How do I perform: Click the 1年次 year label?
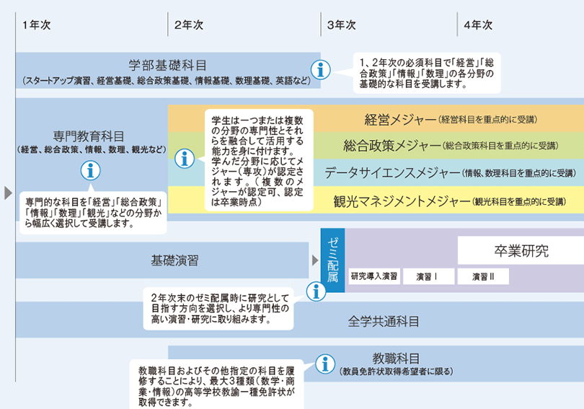pyautogui.click(x=36, y=25)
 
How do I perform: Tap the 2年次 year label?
pyautogui.click(x=189, y=25)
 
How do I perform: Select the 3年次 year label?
pyautogui.click(x=342, y=25)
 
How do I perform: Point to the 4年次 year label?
pyautogui.click(x=478, y=25)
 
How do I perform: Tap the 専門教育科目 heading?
pyautogui.click(x=89, y=136)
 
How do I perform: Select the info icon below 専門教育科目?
pyautogui.click(x=89, y=171)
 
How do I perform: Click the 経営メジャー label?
pyautogui.click(x=401, y=118)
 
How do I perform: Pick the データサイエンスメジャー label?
pyautogui.click(x=392, y=172)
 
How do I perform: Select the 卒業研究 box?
pyautogui.click(x=521, y=252)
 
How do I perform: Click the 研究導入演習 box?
pyautogui.click(x=374, y=276)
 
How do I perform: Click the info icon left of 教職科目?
pyautogui.click(x=327, y=362)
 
